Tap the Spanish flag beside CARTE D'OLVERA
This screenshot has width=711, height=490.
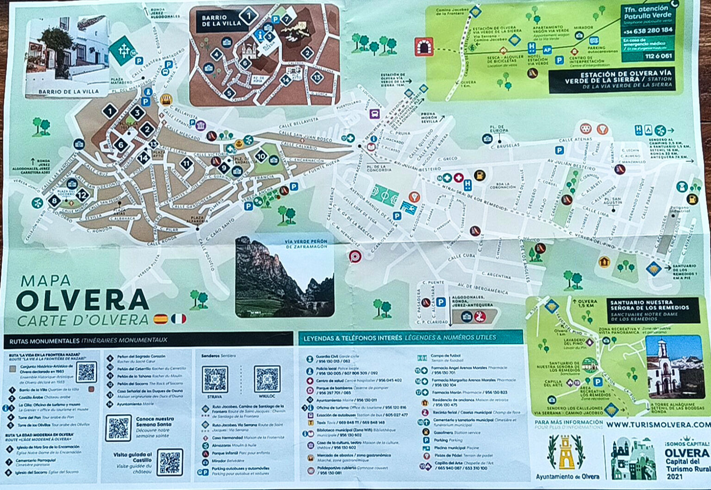click(x=160, y=319)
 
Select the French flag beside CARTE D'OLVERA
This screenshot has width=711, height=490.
click(x=178, y=319)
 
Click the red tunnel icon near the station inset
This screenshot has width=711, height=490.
click(x=424, y=47)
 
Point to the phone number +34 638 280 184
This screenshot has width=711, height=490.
click(x=648, y=31)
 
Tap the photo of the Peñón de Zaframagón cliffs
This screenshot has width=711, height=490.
click(x=285, y=278)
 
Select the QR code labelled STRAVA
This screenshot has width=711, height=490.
click(x=215, y=379)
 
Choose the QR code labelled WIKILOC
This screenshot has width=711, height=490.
click(x=267, y=379)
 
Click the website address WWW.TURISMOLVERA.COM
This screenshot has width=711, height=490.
click(x=658, y=424)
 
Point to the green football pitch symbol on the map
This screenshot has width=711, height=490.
click(x=385, y=194)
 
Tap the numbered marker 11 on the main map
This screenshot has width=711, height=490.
click(x=187, y=163)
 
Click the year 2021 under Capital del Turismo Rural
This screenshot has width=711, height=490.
click(x=674, y=476)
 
